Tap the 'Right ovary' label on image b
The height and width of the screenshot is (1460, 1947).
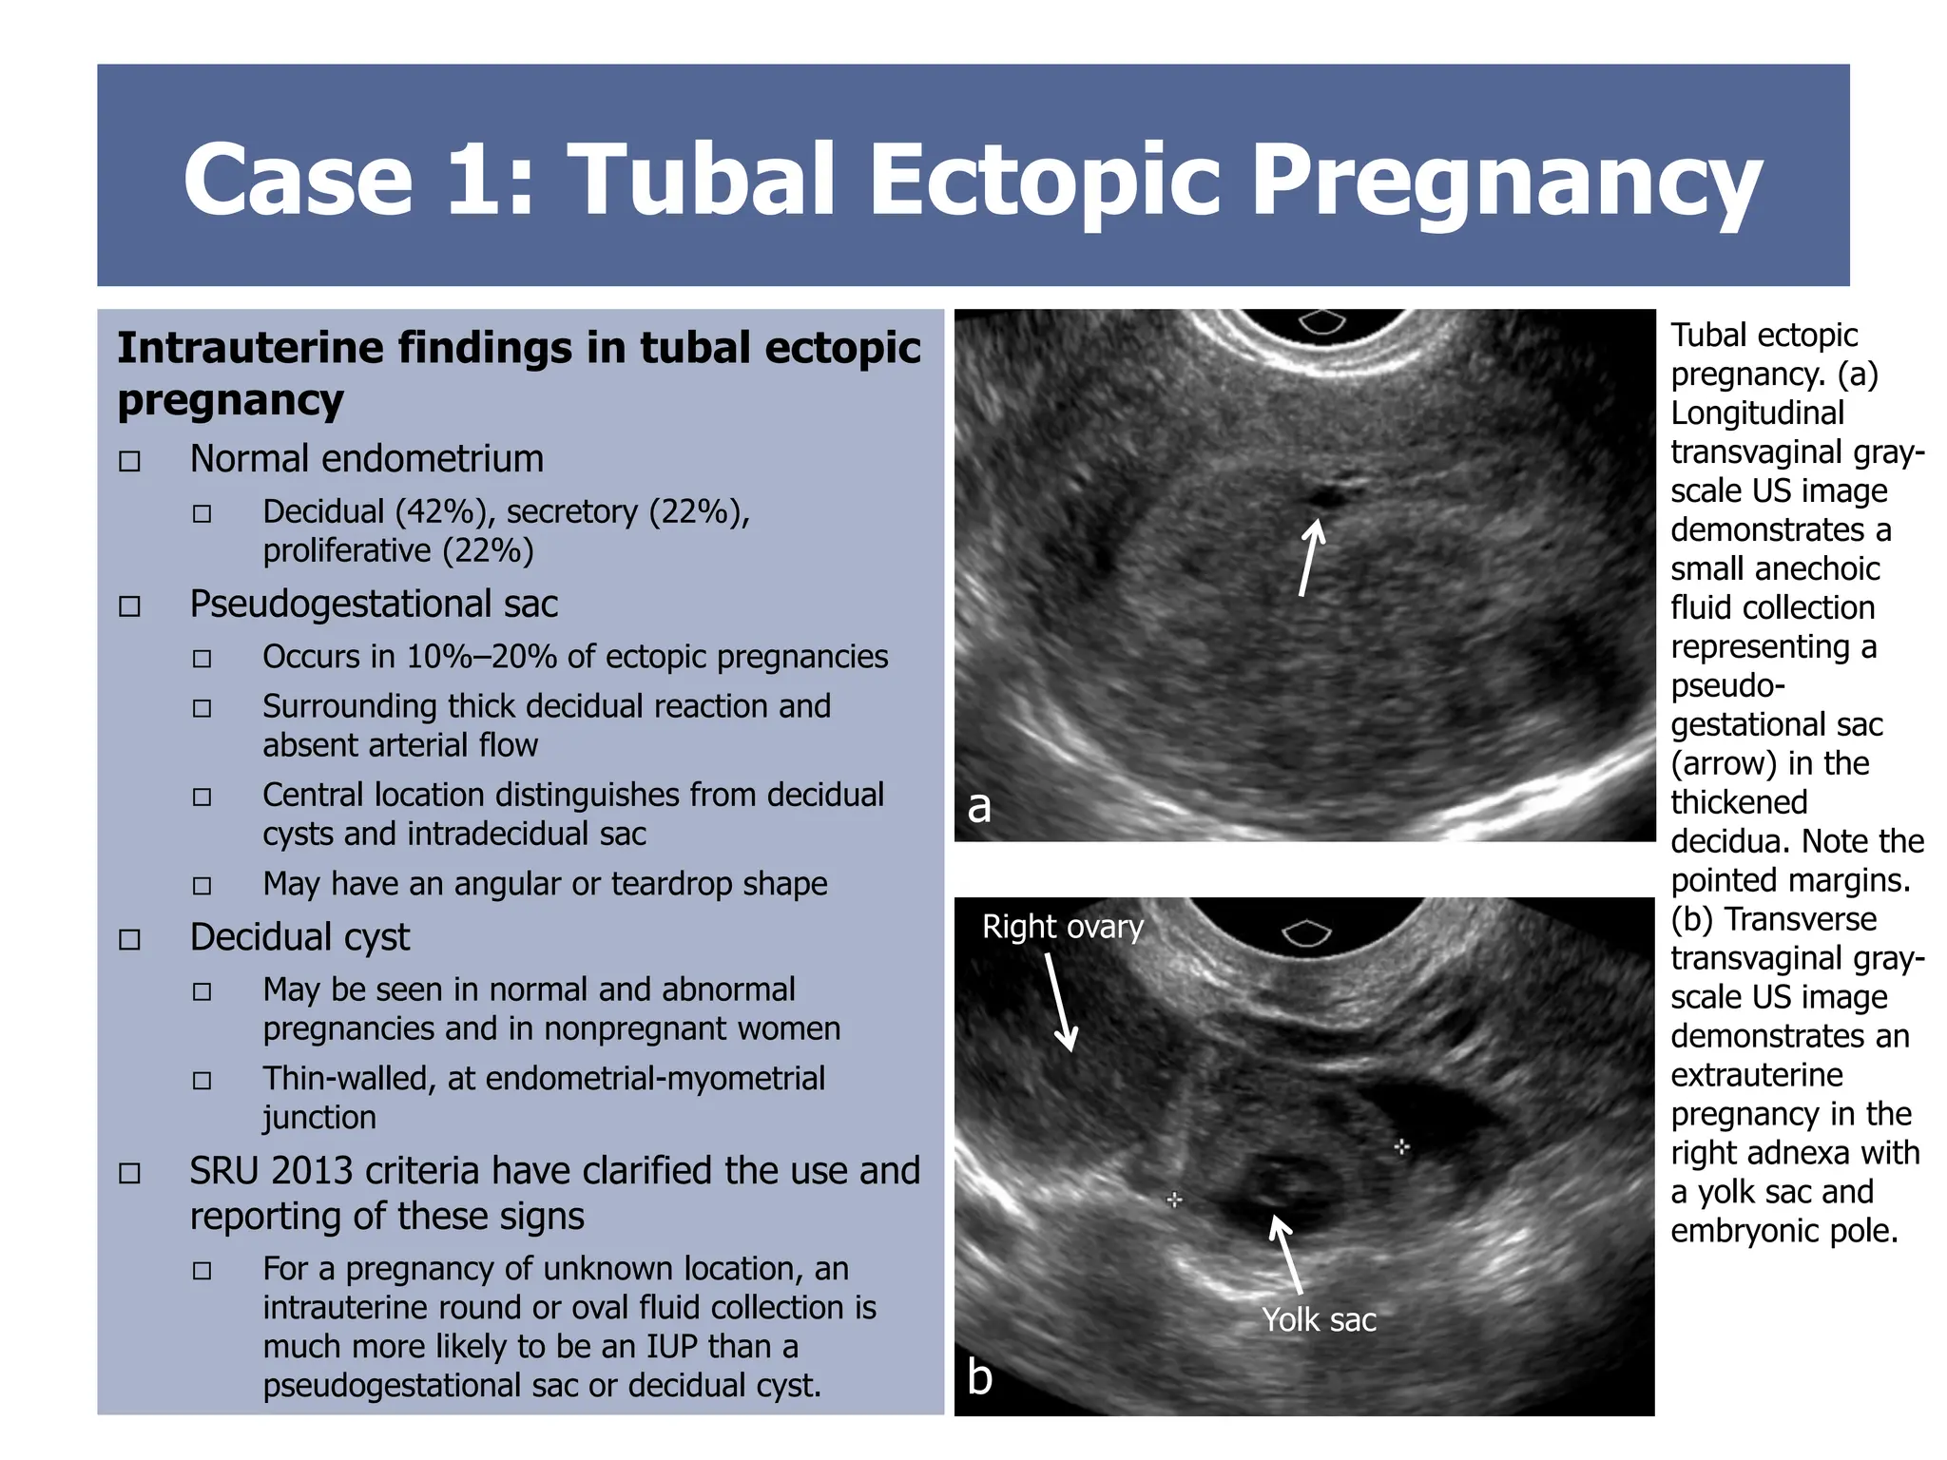click(x=1062, y=926)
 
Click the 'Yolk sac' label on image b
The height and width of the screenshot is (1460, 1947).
click(x=1319, y=1319)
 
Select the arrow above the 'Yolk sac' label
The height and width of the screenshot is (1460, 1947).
click(x=1287, y=1253)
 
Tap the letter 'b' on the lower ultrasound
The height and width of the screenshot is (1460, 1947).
click(x=979, y=1375)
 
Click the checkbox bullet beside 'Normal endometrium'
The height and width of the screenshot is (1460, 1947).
click(x=129, y=462)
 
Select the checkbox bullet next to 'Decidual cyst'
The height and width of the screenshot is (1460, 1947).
click(x=129, y=940)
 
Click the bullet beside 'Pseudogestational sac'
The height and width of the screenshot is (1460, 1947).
click(x=129, y=606)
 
